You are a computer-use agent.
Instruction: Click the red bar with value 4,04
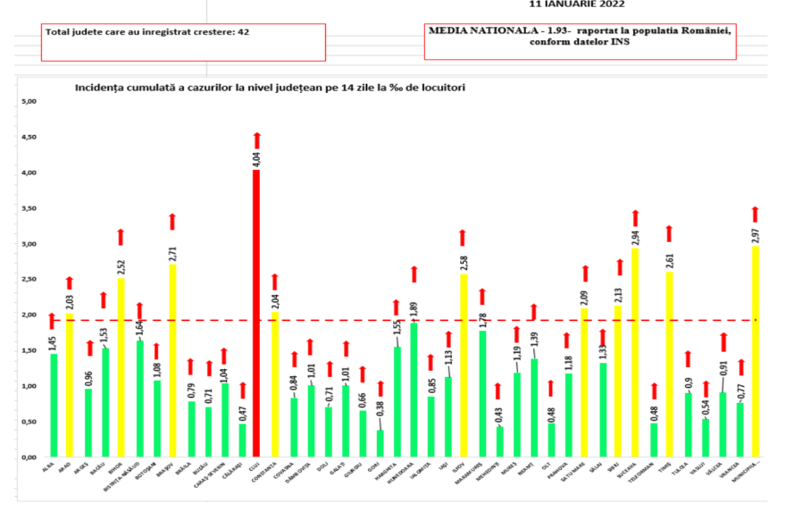click(x=256, y=313)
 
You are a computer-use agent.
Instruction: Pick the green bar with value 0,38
click(x=380, y=443)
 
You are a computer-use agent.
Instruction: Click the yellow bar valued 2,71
click(x=172, y=360)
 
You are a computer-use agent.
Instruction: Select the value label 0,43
click(x=498, y=414)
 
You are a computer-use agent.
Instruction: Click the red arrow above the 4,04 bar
click(x=256, y=140)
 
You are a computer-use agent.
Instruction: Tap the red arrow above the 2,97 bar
click(x=755, y=214)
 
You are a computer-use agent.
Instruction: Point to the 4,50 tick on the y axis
click(x=28, y=137)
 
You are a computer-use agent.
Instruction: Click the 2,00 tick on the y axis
click(x=28, y=315)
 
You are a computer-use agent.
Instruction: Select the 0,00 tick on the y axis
click(x=28, y=457)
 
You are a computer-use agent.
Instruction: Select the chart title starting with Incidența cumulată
click(x=269, y=88)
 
